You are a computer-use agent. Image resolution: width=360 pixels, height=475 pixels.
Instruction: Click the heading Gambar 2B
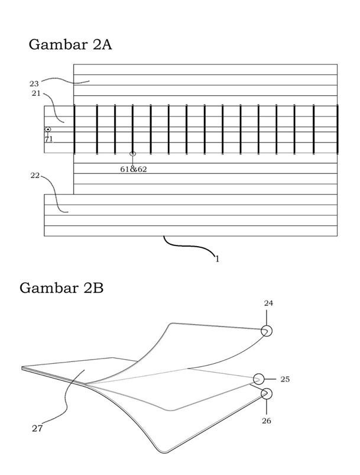[61, 288]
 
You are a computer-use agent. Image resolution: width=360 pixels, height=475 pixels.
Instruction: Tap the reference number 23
[34, 83]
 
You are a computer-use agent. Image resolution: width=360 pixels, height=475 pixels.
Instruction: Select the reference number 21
[35, 93]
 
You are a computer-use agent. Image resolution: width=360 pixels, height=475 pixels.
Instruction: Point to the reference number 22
[34, 175]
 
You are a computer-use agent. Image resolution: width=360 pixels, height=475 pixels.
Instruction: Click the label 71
[48, 139]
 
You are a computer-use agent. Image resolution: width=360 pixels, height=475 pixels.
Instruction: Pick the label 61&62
[134, 169]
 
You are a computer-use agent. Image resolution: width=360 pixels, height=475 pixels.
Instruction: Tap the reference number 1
[217, 258]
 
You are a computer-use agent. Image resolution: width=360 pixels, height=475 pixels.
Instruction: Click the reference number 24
[268, 303]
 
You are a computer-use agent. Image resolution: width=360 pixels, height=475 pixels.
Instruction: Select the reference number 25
[285, 379]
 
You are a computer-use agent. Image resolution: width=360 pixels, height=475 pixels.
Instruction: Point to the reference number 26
[267, 421]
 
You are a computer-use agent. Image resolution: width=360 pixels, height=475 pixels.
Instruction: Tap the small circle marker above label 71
[48, 129]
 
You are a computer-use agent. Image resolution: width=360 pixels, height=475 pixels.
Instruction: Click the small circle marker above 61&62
[132, 154]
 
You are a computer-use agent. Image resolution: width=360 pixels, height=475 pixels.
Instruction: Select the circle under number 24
[267, 331]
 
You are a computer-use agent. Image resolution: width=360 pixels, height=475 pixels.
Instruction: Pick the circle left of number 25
[259, 379]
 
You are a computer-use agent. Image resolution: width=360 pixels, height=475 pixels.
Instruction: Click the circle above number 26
[267, 393]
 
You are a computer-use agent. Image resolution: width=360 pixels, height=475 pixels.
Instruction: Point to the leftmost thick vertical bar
[74, 129]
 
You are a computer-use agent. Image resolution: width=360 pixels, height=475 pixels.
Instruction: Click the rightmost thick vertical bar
[337, 129]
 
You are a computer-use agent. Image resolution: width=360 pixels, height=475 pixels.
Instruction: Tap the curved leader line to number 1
[189, 246]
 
